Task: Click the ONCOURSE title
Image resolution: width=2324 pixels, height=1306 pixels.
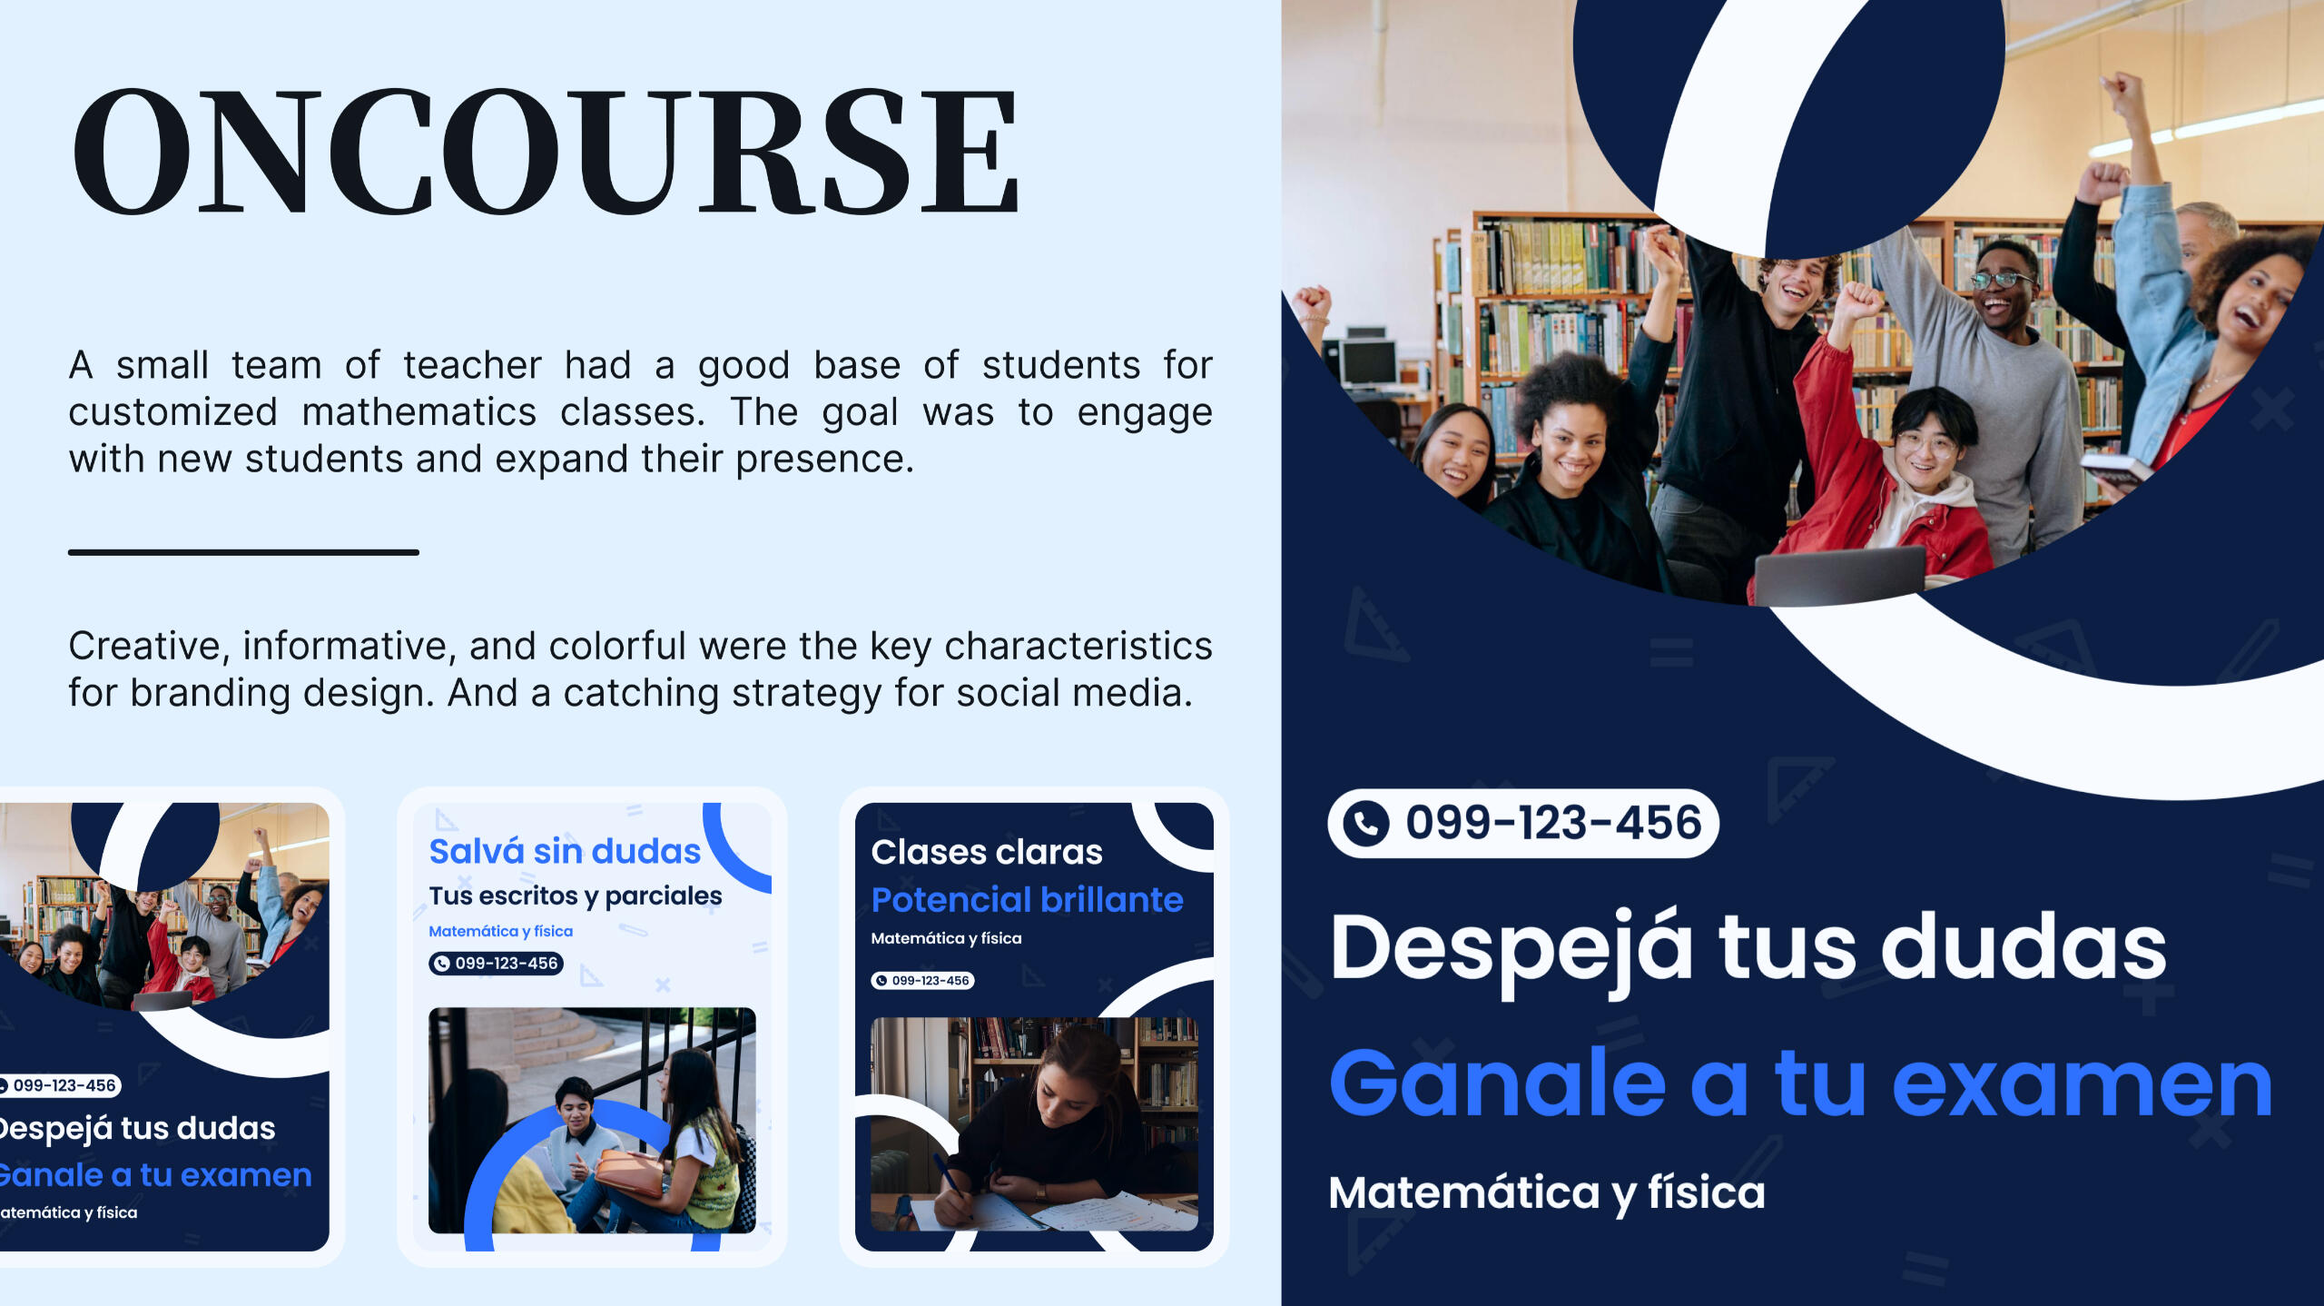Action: tap(545, 151)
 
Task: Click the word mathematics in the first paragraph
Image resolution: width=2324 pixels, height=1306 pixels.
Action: tap(419, 413)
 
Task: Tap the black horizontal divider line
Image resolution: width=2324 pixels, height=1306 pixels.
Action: tap(243, 552)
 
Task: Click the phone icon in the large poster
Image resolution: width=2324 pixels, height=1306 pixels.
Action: tap(1366, 824)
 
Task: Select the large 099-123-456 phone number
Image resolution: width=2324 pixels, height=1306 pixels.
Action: tap(1553, 823)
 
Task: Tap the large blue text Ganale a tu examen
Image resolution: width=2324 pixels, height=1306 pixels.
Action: tap(1800, 1083)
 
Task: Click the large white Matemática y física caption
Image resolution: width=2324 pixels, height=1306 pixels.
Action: tap(1547, 1192)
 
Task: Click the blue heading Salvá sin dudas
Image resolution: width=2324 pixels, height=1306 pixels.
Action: tap(565, 852)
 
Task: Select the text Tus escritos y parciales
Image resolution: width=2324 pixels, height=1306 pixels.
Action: tap(576, 896)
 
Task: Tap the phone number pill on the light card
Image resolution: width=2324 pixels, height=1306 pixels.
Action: tap(496, 964)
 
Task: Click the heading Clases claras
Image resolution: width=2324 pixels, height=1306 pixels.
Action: tap(987, 853)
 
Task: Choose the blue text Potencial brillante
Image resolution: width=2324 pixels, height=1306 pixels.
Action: tap(1027, 900)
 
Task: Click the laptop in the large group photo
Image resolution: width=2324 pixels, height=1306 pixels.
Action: tap(1839, 575)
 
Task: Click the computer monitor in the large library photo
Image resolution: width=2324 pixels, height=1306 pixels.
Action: tap(1369, 362)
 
